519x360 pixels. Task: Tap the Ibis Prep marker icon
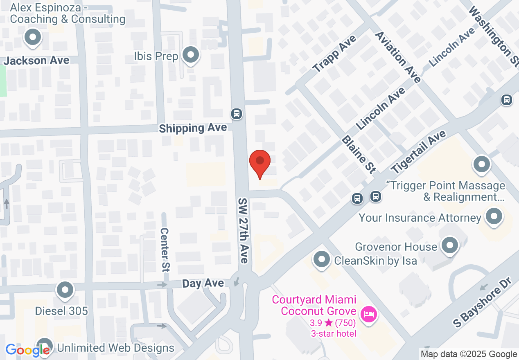coord(190,55)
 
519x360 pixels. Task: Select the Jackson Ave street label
coord(36,61)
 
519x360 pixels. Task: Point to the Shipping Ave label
coord(193,128)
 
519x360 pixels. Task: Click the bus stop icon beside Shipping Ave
coord(236,113)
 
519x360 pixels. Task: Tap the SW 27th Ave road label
coord(244,231)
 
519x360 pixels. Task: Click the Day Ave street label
coord(203,283)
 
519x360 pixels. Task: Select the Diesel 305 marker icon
coord(65,291)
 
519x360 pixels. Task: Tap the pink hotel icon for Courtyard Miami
coord(369,315)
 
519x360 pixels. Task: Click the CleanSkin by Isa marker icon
coord(322,259)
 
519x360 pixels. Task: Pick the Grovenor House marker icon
coord(451,246)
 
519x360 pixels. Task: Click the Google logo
coord(28,350)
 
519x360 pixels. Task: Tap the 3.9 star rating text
coord(332,323)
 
